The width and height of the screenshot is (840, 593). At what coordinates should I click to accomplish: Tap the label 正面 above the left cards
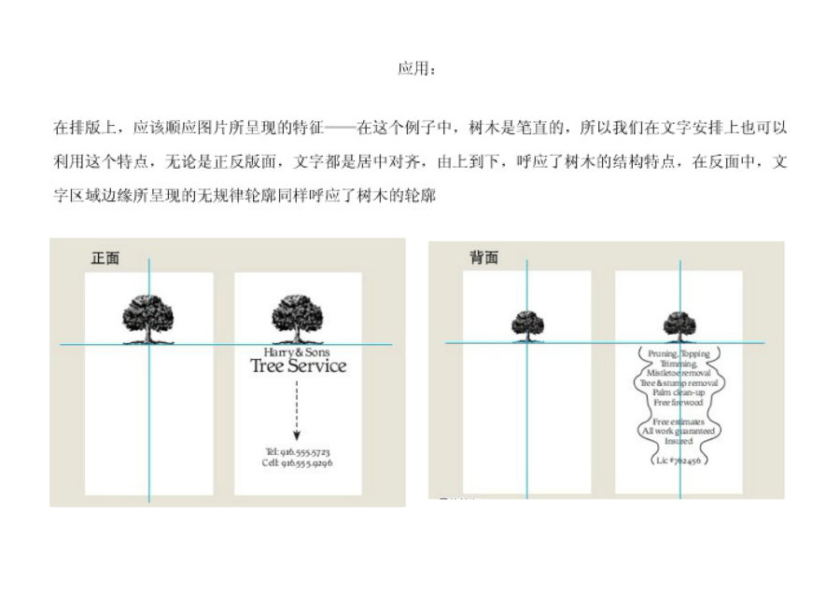105,258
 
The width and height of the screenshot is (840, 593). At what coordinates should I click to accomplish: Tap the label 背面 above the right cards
483,258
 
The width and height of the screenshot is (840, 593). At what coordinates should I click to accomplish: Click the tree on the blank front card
148,318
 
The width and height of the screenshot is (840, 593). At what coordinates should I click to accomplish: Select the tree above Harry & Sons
297,318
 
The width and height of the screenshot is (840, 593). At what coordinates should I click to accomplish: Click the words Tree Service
298,366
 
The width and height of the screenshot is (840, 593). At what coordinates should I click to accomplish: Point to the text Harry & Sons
297,352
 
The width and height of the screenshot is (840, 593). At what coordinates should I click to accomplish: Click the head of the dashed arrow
297,434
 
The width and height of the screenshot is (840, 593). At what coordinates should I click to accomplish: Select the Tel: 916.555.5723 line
298,451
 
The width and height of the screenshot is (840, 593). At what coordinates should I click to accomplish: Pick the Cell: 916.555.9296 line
298,462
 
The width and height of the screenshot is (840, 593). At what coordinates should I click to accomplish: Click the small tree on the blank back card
527,325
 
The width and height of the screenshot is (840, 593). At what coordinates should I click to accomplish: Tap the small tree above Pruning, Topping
679,325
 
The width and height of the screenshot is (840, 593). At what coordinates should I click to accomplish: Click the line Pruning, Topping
679,354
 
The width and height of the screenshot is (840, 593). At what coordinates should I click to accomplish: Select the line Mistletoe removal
679,373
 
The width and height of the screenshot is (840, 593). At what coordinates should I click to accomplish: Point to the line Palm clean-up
679,393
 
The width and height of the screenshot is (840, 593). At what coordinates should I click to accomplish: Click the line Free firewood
679,403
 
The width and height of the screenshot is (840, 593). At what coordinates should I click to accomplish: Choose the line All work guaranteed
679,432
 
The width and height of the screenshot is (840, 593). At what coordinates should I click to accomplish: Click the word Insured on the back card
679,441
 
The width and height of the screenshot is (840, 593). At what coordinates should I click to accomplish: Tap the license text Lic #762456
679,460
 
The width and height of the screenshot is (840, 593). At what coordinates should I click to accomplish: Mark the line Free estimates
679,422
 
